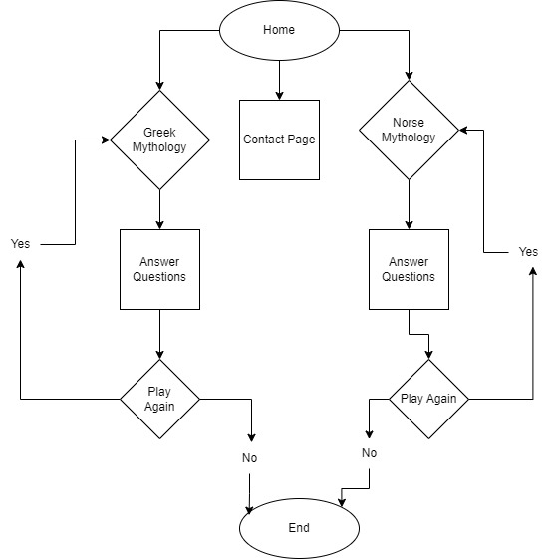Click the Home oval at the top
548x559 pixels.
coord(279,29)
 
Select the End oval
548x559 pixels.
coord(299,528)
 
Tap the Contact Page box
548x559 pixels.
coord(279,140)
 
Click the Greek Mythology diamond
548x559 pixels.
coord(159,140)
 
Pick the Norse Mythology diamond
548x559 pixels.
coord(409,130)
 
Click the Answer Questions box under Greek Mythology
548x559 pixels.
coord(159,269)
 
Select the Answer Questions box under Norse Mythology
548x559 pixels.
coord(409,269)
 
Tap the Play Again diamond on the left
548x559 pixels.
coord(159,399)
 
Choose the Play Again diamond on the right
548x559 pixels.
coord(428,399)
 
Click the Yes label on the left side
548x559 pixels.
coord(20,244)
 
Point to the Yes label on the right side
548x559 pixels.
coord(528,252)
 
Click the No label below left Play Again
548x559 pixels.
coord(249,458)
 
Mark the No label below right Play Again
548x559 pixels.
coord(370,453)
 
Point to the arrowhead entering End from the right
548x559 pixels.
coord(344,504)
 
